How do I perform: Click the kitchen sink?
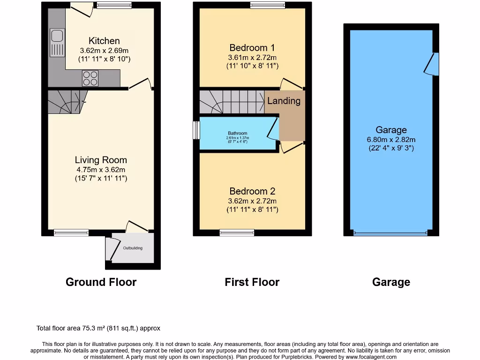(x=57, y=42)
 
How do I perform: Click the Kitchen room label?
(x=104, y=41)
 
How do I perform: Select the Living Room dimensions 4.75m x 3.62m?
(x=101, y=169)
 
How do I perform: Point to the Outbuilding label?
(x=133, y=248)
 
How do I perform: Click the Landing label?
(x=284, y=101)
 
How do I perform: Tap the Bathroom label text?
(x=237, y=134)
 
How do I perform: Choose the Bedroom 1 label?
(x=252, y=48)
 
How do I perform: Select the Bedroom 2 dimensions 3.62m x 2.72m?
(x=252, y=201)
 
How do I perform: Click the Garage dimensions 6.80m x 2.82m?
(x=391, y=139)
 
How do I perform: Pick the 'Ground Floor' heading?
(x=101, y=282)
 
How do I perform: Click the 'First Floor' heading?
(x=252, y=282)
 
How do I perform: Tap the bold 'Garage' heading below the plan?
(x=391, y=282)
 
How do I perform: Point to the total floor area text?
(x=98, y=329)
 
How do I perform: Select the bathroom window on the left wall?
(x=196, y=130)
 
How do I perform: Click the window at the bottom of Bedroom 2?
(x=237, y=232)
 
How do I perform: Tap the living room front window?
(x=71, y=232)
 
